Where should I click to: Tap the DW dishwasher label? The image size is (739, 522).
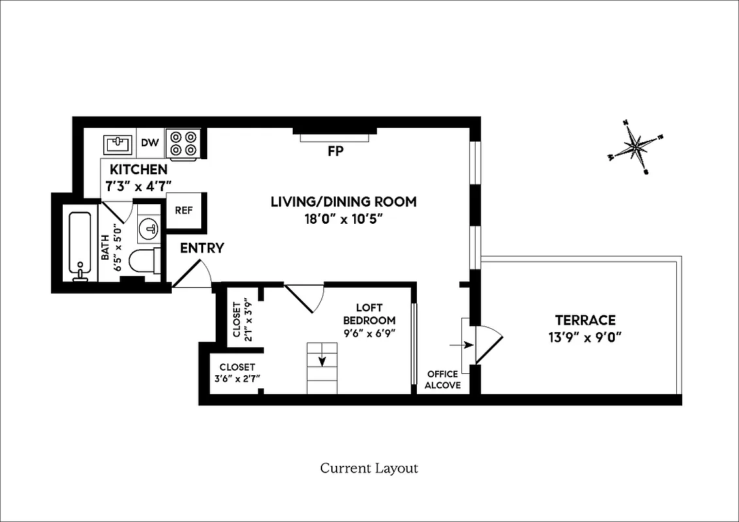150,143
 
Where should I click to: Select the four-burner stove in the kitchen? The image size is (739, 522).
183,144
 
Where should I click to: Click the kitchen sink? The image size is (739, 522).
118,144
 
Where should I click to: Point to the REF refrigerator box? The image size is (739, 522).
184,211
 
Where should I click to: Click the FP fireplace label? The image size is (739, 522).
335,151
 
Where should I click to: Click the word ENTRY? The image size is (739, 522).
202,248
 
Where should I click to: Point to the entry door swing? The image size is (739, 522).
192,273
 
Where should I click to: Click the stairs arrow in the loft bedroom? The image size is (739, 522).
321,362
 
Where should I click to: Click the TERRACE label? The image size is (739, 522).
585,320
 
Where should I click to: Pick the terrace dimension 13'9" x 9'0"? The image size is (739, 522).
585,338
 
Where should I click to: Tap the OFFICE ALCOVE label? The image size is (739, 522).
442,380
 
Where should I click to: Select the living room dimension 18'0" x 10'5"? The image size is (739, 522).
343,219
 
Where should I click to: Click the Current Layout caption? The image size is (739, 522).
369,468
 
